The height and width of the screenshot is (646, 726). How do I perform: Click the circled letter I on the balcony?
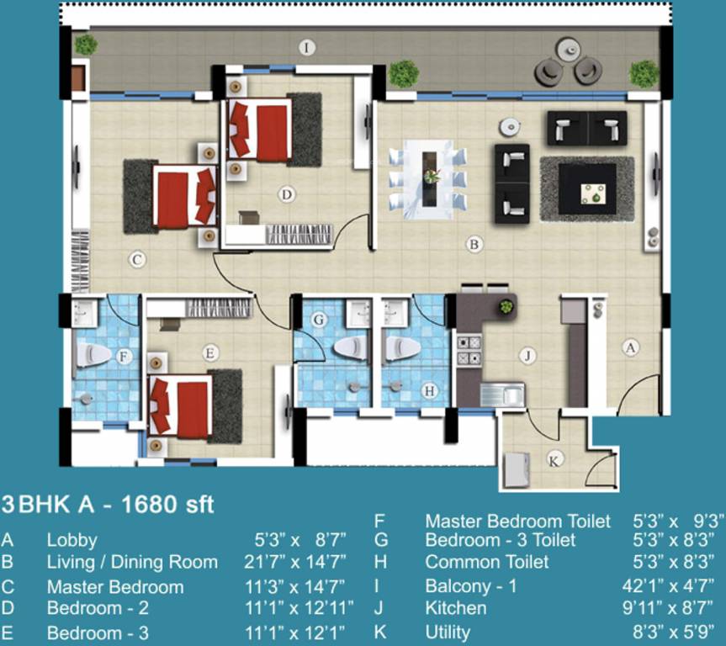point(307,48)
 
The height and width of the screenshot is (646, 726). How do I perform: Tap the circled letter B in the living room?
point(474,245)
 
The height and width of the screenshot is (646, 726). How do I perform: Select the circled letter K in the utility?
point(554,460)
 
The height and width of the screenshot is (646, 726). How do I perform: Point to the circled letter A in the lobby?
point(628,345)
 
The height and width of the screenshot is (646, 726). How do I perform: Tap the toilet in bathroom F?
point(93,355)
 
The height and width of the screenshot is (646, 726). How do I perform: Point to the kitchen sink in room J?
point(502,394)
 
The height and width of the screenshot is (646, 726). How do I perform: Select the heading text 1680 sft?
point(168,505)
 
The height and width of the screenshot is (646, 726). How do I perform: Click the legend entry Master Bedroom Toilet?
point(517,522)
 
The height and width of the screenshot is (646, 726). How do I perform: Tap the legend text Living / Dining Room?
point(132,562)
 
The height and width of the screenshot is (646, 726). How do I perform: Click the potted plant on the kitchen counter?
point(506,306)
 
